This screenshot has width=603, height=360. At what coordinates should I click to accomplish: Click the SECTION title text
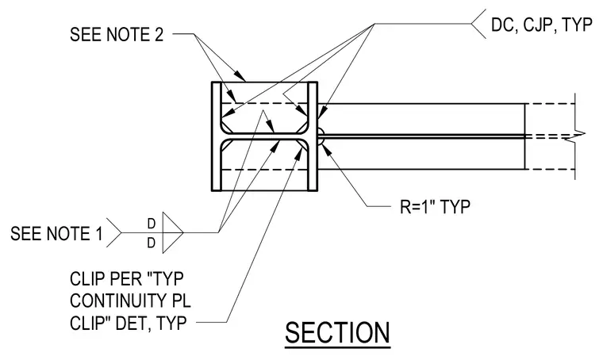tap(337, 333)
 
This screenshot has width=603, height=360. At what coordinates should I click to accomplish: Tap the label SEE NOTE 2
tap(117, 34)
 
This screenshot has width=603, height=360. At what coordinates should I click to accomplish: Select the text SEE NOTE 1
tap(56, 234)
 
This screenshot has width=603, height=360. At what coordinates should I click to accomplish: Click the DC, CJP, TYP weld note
tap(541, 25)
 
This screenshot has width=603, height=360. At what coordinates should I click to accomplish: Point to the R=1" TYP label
tap(435, 207)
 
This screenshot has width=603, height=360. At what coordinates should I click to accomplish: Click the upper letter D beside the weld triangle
tap(152, 224)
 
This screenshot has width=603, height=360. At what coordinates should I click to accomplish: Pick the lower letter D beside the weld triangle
tap(152, 243)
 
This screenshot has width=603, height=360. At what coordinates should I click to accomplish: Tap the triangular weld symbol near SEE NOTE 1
tap(172, 232)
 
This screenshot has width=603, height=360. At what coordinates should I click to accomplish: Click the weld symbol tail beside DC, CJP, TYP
tap(478, 24)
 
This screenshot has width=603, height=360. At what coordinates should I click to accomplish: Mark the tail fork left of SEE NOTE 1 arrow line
tap(114, 233)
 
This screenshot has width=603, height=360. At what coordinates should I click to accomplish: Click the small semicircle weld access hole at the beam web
tap(321, 136)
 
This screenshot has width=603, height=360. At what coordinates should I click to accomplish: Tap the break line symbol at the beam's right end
tap(576, 136)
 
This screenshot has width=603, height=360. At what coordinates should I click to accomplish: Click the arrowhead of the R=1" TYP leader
tap(325, 148)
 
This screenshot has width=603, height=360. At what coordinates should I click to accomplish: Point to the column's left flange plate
tap(217, 136)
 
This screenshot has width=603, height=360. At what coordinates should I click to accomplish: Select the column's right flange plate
tap(313, 136)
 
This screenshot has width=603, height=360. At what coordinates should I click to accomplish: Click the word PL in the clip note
tap(184, 301)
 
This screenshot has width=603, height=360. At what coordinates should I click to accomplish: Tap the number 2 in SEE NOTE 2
tap(159, 34)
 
